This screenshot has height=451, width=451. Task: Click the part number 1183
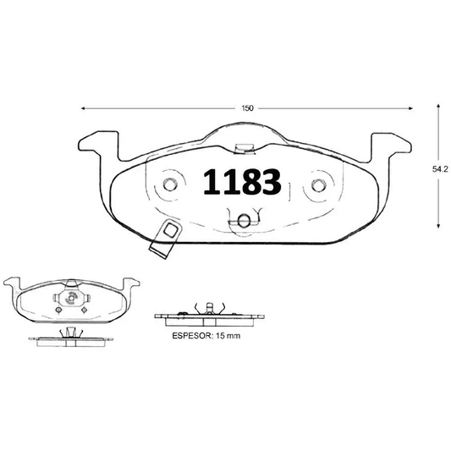(x=241, y=182)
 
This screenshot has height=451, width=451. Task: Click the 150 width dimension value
(x=248, y=108)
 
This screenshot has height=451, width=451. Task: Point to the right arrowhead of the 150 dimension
(x=413, y=108)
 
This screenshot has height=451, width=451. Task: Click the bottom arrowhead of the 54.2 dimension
(x=437, y=226)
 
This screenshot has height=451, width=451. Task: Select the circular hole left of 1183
(x=170, y=184)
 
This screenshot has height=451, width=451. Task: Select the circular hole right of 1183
(x=319, y=185)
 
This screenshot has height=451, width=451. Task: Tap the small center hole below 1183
(x=244, y=221)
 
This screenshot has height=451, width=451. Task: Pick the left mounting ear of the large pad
(x=97, y=150)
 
